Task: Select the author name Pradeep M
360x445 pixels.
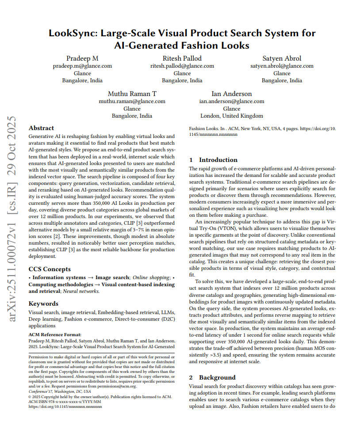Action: click(x=82, y=58)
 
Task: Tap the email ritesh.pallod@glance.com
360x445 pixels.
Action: click(x=182, y=66)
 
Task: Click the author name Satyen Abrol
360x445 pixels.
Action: click(x=282, y=58)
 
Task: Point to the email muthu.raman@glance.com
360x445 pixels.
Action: click(x=132, y=101)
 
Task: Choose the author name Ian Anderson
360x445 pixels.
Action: click(x=232, y=94)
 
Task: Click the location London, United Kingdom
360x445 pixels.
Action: click(x=232, y=116)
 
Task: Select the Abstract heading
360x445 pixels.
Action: click(x=41, y=128)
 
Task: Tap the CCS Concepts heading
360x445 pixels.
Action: click(x=50, y=269)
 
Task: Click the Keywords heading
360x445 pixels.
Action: click(x=43, y=303)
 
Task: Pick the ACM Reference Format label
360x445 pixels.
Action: click(x=55, y=335)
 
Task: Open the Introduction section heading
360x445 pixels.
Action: click(x=218, y=160)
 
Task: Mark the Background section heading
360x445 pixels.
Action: click(x=217, y=377)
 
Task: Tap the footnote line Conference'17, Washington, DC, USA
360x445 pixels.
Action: click(x=60, y=391)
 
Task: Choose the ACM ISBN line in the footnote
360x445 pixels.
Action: click(x=65, y=401)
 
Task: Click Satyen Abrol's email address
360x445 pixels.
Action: click(x=282, y=66)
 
